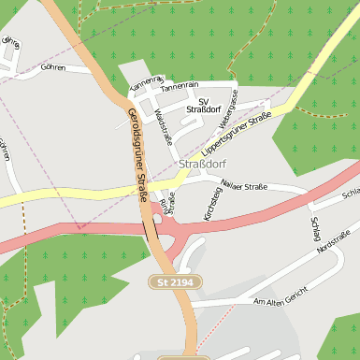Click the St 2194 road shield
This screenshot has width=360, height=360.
176,281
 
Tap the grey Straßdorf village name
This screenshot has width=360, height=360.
201,165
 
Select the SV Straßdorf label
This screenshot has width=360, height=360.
203,105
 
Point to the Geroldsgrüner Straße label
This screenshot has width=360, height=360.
137,155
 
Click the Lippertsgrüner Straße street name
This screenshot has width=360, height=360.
236,134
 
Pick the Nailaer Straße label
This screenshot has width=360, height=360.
243,187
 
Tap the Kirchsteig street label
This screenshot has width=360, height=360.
212,204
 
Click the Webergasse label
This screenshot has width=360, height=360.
227,108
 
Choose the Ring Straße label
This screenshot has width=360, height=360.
166,204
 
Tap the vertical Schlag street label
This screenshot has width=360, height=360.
314,229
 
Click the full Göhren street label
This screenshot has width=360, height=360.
52,68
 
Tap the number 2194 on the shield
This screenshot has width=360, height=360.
182,281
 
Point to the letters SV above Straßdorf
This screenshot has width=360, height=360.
203,100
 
